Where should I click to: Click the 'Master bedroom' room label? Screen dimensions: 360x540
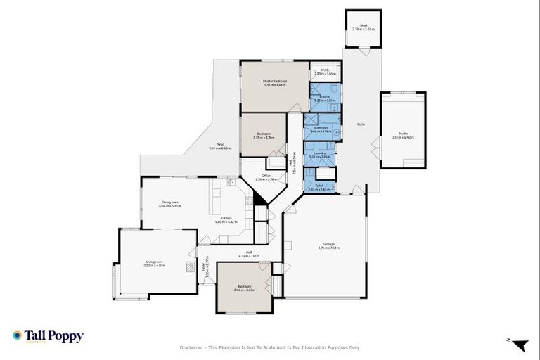(275, 81)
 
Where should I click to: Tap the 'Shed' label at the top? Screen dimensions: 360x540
(364, 25)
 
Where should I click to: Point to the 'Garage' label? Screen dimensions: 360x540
(329, 243)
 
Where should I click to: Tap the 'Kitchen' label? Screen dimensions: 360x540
(226, 218)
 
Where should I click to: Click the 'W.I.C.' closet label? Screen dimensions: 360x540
(325, 70)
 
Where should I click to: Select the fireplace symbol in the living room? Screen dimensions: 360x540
(189, 266)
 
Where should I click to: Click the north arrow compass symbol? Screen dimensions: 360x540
(519, 345)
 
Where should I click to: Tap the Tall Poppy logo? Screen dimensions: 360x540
(48, 336)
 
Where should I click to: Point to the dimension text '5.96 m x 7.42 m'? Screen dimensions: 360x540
(329, 247)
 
